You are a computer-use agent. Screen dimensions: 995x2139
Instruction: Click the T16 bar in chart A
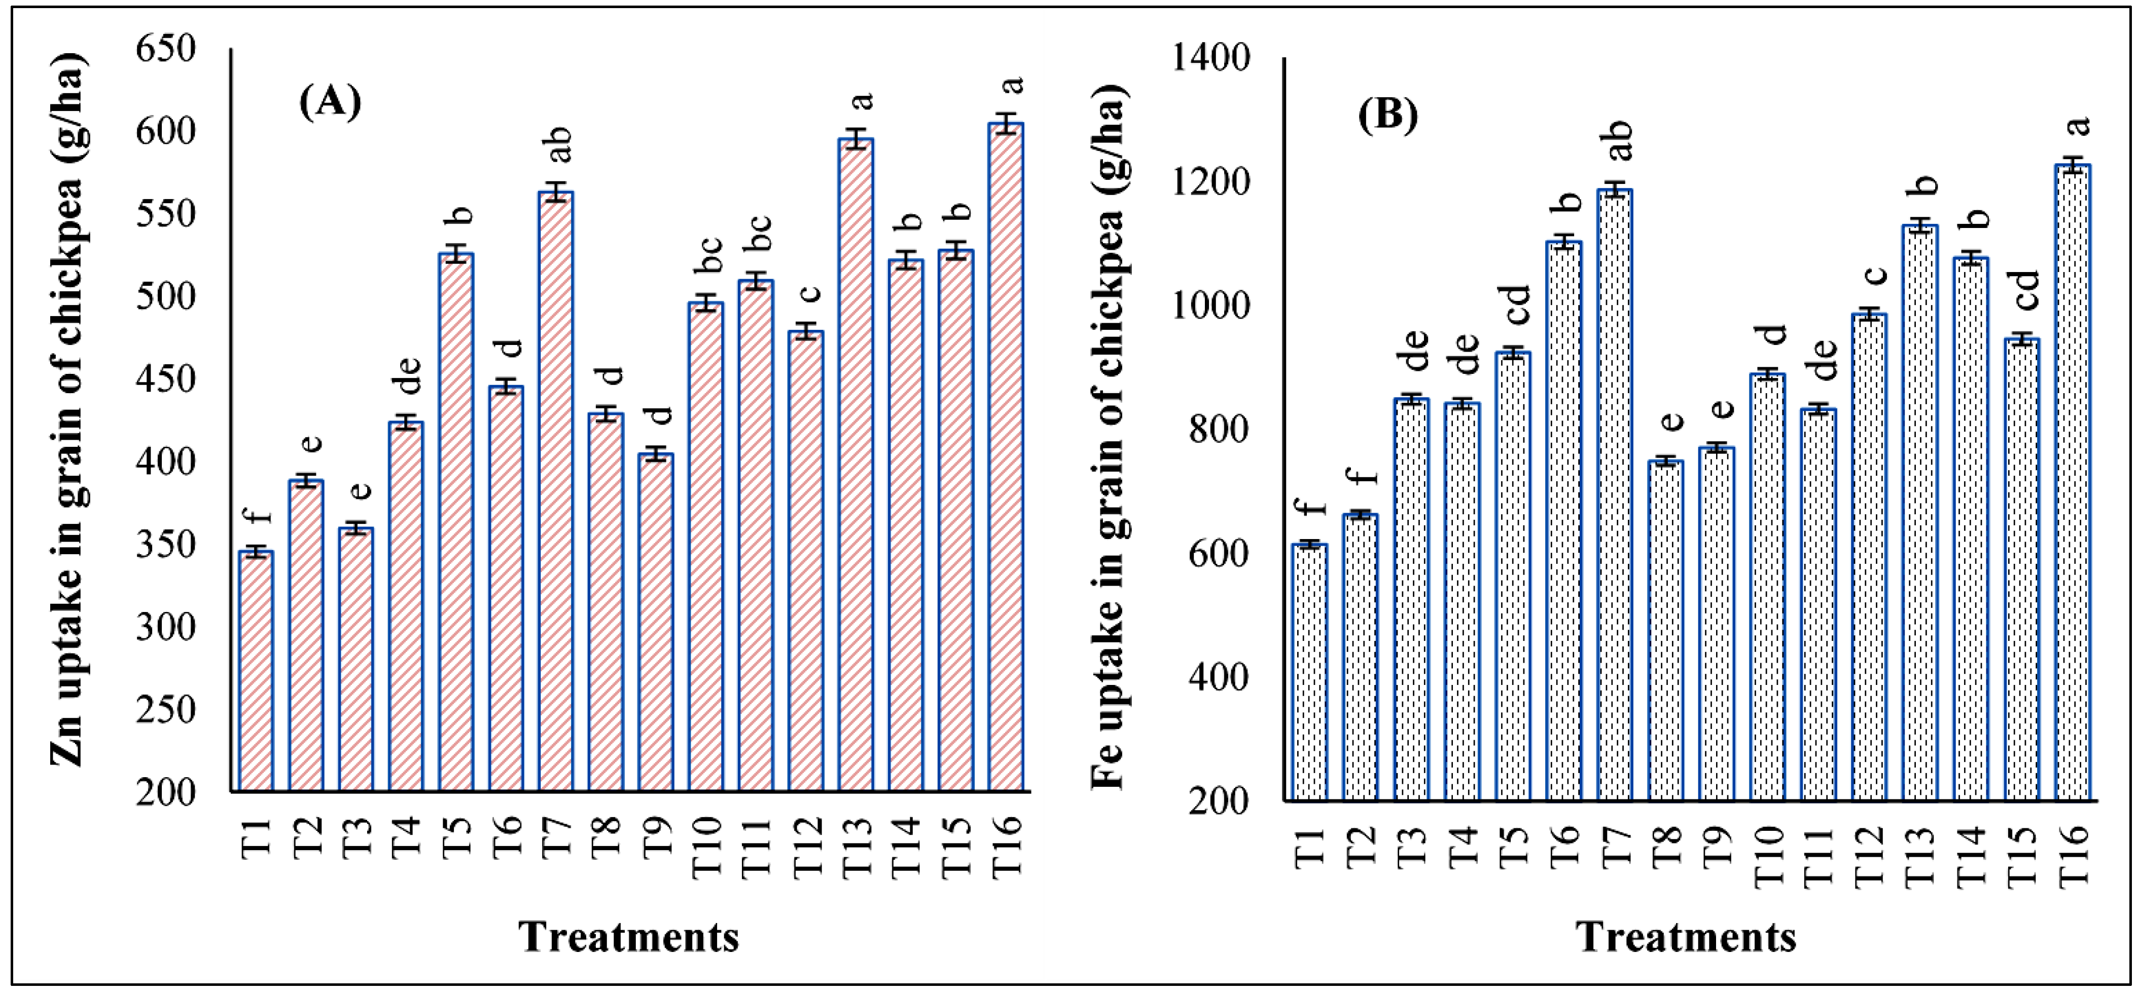pyautogui.click(x=1006, y=456)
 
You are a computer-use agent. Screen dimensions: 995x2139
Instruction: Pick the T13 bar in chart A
pyautogui.click(x=855, y=465)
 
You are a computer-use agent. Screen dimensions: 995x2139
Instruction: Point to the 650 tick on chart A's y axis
pyautogui.click(x=166, y=48)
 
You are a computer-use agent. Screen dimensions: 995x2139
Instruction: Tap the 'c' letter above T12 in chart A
pyautogui.click(x=808, y=293)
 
